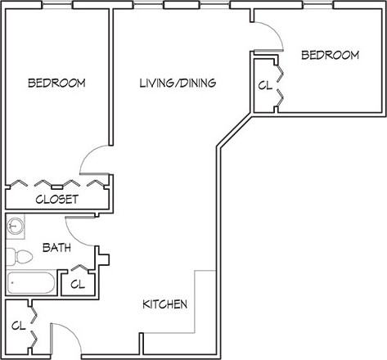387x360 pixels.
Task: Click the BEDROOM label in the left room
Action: (56, 83)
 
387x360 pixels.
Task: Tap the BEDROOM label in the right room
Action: (330, 56)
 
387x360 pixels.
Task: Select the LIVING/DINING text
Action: (178, 83)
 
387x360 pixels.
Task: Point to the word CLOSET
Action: (56, 199)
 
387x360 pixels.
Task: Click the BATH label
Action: (56, 246)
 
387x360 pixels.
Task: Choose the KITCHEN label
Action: (165, 304)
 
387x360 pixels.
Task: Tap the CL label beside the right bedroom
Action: (264, 86)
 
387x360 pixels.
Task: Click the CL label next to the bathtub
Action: (78, 285)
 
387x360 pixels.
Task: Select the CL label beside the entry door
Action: (17, 325)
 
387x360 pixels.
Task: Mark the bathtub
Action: (31, 285)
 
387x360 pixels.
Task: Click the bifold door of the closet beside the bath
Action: (79, 268)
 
